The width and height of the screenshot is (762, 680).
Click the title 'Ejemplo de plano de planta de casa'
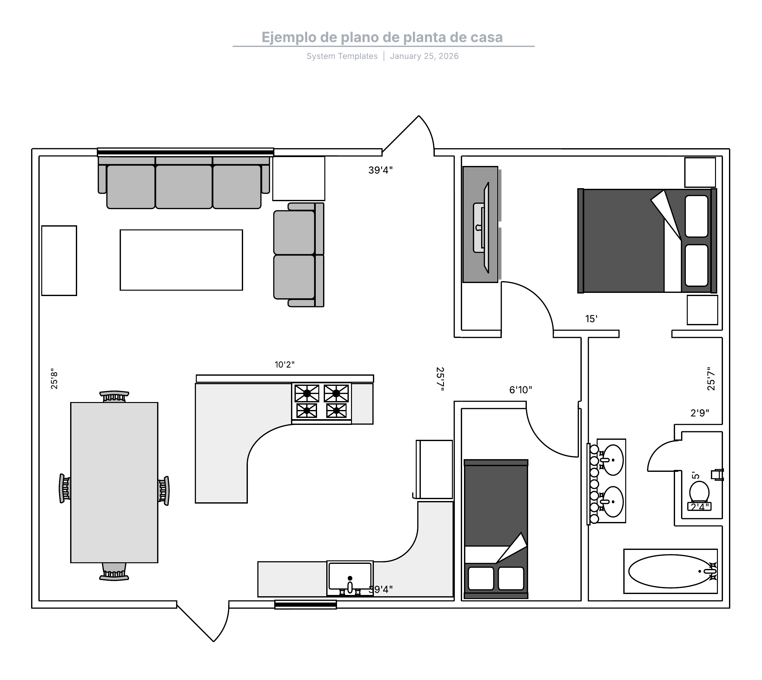[382, 37]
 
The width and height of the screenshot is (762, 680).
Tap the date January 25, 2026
[424, 56]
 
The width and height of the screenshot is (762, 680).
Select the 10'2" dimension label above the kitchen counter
[284, 365]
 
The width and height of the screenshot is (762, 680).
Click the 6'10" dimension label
[520, 390]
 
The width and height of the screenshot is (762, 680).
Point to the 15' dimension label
[591, 319]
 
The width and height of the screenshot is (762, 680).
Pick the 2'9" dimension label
[699, 413]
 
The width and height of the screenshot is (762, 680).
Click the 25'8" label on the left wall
[55, 379]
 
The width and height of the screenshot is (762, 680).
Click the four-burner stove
[321, 403]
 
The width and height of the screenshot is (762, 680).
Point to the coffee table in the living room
[181, 260]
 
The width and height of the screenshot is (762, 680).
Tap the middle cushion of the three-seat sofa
[184, 187]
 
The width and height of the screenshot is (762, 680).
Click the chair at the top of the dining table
[114, 396]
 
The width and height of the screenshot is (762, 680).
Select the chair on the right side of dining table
[164, 491]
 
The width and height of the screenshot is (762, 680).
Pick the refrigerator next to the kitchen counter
[434, 469]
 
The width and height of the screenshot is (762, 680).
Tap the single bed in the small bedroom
[496, 529]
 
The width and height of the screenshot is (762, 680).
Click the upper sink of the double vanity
[613, 460]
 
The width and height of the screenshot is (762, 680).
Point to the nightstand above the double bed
[700, 172]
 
